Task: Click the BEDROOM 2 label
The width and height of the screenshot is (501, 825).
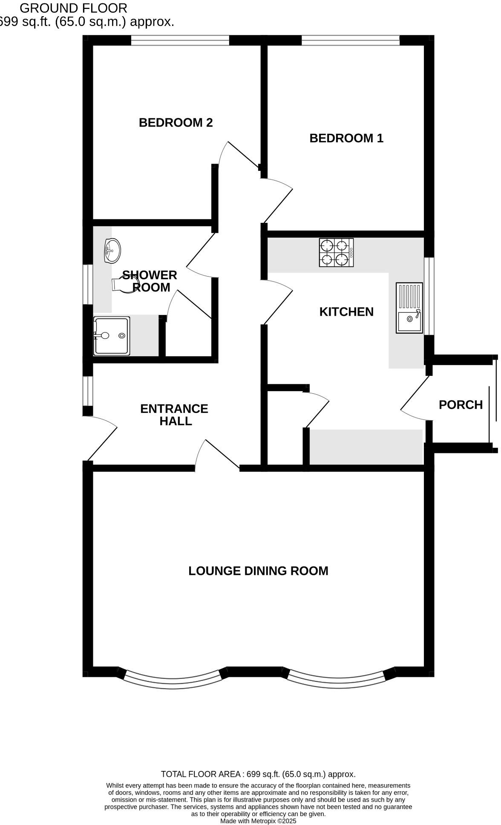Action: pos(176,123)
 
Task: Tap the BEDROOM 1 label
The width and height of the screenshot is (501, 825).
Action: pos(346,138)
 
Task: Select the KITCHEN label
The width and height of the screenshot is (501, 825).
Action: pos(346,312)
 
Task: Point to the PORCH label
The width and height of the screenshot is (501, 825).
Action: pos(461,404)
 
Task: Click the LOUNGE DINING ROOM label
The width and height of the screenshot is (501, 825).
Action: pos(258,571)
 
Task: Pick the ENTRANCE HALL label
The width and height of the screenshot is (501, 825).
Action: pos(174,415)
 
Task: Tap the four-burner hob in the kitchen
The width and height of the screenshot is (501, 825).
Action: pos(336,252)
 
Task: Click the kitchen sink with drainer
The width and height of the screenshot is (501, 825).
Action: pos(409,308)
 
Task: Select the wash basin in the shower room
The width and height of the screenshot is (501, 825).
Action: pos(112,251)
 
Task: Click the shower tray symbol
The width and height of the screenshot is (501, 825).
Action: pos(112,336)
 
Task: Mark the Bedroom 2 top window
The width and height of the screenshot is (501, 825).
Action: pos(180,40)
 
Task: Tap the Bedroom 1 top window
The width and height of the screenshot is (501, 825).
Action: pos(350,40)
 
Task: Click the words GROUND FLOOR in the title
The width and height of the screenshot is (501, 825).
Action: pos(73,8)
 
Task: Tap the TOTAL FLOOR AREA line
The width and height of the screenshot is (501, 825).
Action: pos(258,774)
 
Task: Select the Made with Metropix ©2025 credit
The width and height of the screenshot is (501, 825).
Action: pos(258,821)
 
